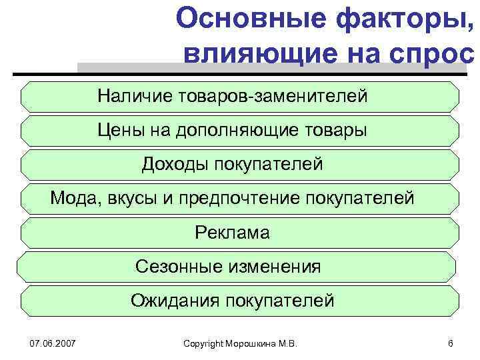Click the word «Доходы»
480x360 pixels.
tap(174, 164)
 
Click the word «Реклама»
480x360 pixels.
tap(232, 233)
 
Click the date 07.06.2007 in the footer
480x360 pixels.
tap(53, 343)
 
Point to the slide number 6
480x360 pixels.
tap(451, 343)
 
